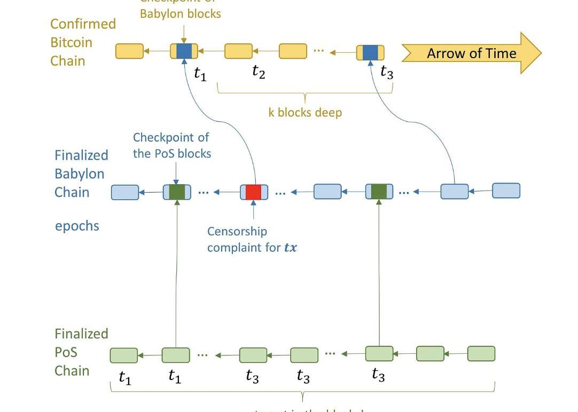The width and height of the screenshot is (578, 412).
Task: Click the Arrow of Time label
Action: coord(471,53)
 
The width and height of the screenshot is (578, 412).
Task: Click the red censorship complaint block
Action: coord(254,192)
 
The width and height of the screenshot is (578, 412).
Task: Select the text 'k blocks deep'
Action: coord(305,113)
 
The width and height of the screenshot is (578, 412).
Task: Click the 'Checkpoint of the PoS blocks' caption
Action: coord(172,146)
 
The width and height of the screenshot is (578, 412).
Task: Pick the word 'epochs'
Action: coord(77,226)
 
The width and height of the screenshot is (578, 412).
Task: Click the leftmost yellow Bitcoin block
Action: coord(129,51)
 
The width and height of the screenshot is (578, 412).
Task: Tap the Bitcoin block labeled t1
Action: coord(184,51)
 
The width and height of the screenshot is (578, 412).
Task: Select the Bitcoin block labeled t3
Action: coord(370,53)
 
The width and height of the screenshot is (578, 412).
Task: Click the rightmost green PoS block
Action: coord(481,353)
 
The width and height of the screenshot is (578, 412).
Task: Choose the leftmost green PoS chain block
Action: coord(123,355)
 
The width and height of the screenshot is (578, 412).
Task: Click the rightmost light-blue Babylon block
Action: coord(505,191)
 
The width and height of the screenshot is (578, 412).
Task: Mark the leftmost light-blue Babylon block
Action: coord(125,192)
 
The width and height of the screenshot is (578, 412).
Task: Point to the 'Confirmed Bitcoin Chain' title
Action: coord(83,43)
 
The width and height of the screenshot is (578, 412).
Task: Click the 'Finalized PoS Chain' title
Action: coord(81,352)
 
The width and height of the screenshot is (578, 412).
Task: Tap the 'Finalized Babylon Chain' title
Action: coord(81,173)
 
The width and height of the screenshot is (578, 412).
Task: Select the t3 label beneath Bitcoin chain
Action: coord(387,72)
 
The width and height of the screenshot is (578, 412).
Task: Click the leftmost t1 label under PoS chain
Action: coord(124,377)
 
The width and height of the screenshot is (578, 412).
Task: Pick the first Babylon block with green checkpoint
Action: coord(177,192)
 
